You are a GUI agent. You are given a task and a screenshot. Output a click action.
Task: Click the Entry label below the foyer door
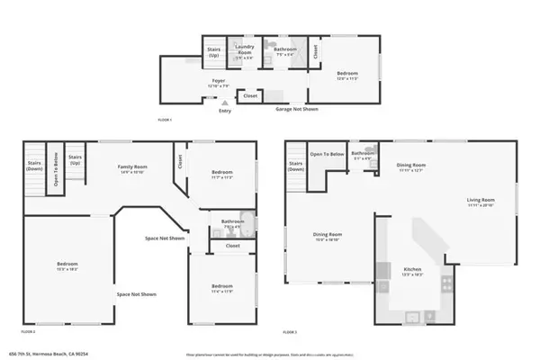223,112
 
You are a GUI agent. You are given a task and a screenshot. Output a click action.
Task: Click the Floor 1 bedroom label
347,76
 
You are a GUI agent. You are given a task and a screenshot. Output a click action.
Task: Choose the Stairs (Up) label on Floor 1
214,52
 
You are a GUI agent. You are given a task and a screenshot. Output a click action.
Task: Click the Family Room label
132,168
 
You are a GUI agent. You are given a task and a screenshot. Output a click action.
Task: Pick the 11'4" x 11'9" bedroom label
220,289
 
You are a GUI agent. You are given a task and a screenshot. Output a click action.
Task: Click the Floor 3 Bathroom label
363,156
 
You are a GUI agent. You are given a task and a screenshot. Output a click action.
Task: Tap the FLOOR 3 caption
290,332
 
